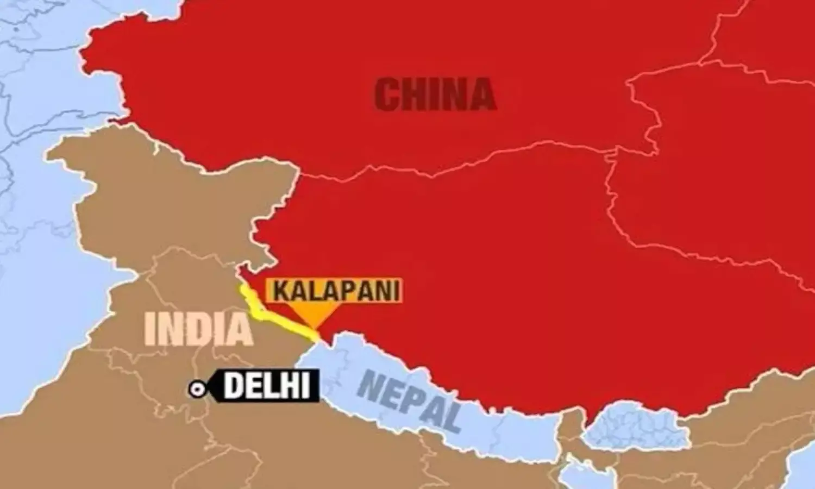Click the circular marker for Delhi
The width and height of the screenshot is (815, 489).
tap(196, 388)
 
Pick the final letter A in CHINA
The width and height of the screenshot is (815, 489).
tap(481, 96)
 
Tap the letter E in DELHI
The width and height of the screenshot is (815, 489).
tap(255, 386)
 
